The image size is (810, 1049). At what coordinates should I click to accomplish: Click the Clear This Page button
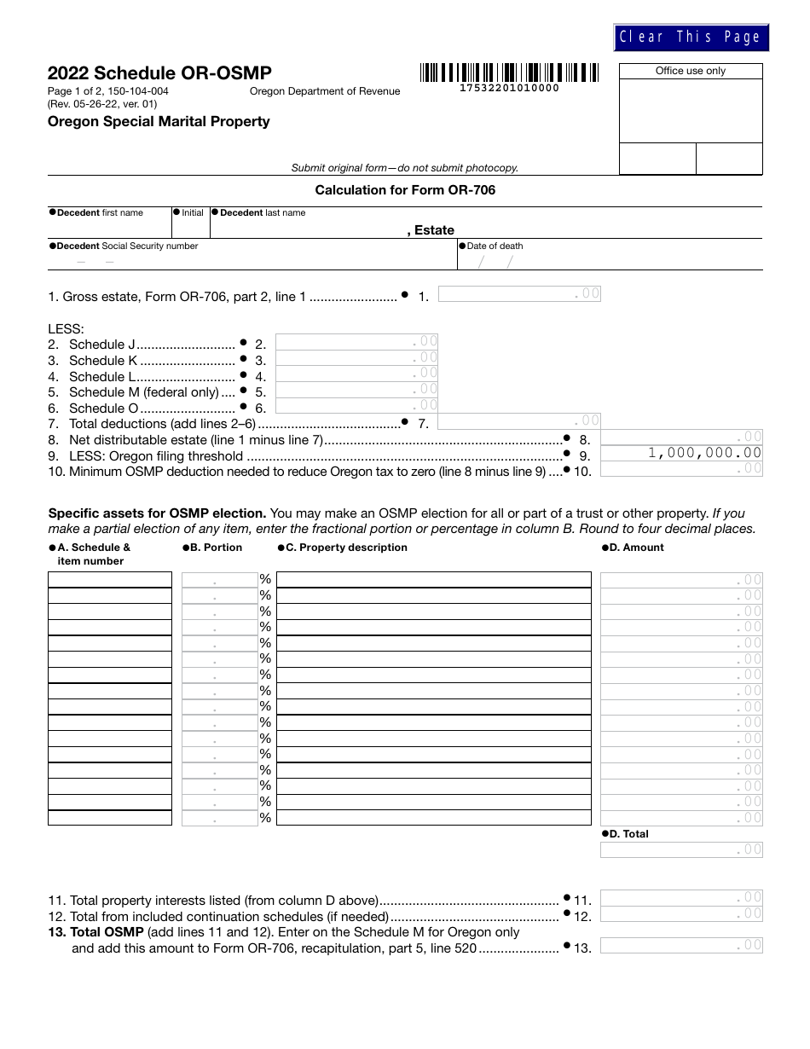[691, 38]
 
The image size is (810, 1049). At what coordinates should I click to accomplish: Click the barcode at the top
[509, 72]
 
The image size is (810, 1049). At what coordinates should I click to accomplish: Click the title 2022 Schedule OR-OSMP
[160, 73]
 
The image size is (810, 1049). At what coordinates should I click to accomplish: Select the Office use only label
[690, 71]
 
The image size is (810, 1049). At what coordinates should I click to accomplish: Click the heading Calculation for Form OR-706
[405, 190]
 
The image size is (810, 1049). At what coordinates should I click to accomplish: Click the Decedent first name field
[109, 229]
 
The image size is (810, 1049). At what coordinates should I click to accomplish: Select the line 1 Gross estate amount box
[519, 294]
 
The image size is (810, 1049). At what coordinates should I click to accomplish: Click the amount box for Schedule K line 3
[356, 358]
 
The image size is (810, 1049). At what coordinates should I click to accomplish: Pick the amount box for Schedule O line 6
[356, 406]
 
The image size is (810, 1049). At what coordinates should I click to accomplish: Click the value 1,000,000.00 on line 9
[704, 453]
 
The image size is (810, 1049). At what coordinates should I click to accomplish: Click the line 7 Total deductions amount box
[519, 420]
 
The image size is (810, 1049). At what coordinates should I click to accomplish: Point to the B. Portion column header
[214, 548]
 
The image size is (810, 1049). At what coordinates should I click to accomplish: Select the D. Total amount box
[681, 849]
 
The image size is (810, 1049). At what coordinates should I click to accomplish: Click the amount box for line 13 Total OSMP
[681, 945]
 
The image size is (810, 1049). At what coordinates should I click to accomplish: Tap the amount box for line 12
[681, 913]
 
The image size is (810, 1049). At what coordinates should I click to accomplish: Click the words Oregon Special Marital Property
[159, 121]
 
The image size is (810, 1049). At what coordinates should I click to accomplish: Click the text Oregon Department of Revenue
[324, 91]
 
